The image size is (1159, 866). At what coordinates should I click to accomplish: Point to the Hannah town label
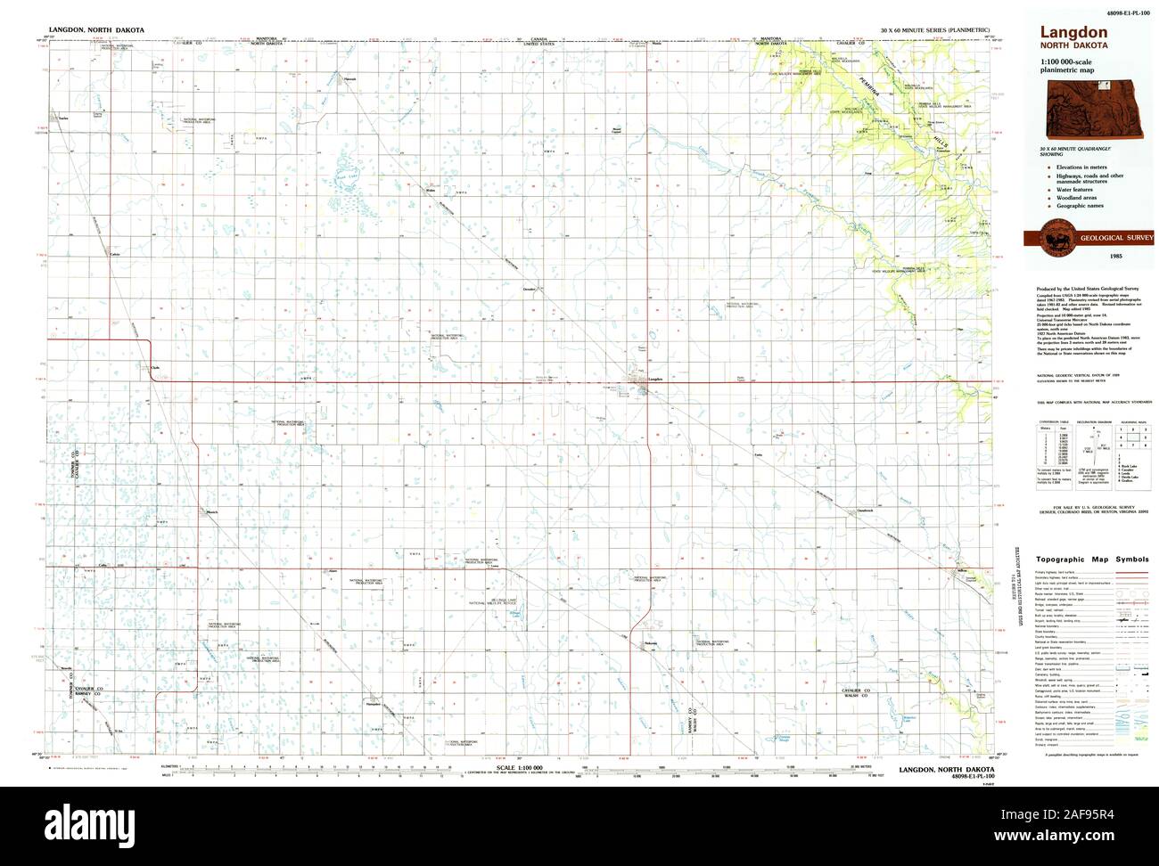click(x=350, y=78)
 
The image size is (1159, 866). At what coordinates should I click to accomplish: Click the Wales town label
click(x=430, y=190)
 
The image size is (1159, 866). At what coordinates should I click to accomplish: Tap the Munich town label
click(x=211, y=511)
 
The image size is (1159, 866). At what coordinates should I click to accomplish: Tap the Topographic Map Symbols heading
click(x=1085, y=560)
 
